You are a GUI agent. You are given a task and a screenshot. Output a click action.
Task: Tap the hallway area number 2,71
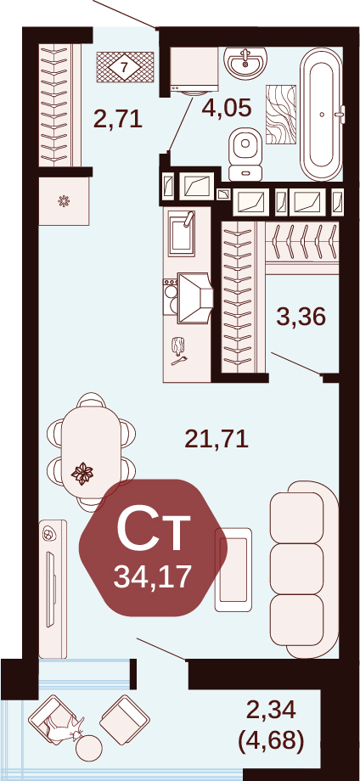[x=119, y=120]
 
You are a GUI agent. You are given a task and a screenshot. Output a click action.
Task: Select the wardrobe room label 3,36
[x=301, y=317]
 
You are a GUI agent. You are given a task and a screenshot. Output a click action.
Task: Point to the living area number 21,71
[x=217, y=440]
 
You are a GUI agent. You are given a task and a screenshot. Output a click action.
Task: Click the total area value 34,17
[x=153, y=577]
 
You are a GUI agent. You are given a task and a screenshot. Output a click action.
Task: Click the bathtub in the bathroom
[x=322, y=115]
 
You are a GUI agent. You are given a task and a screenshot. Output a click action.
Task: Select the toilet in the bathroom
[x=245, y=155]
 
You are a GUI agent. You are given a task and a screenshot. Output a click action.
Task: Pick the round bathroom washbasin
[x=245, y=60]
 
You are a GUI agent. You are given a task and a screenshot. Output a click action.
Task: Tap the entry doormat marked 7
[x=125, y=67]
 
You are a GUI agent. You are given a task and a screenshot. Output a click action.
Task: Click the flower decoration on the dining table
[x=82, y=473]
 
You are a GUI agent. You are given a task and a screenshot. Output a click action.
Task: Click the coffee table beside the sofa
[x=233, y=569]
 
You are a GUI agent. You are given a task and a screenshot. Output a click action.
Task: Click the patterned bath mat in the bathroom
[x=281, y=114]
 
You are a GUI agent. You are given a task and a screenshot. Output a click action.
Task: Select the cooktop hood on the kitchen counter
[x=194, y=298]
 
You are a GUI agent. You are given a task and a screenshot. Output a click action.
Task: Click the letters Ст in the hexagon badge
[x=154, y=530]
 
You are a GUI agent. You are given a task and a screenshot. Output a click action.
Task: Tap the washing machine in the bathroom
[x=194, y=70]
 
